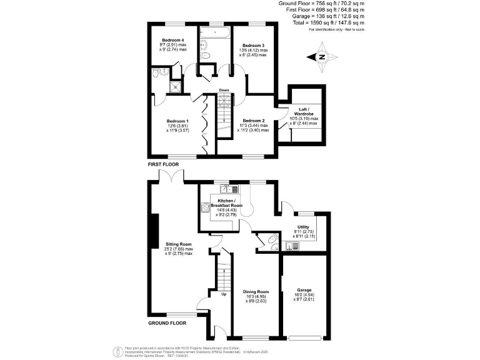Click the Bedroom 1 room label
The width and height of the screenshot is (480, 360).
pos(177,121)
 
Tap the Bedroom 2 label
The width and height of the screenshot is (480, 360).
pos(254,121)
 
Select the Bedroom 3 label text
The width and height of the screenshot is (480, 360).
pos(254,46)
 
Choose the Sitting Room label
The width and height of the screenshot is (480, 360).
pos(178,244)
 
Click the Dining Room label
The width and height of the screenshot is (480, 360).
pos(255,292)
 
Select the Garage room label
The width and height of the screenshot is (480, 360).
pos(304,290)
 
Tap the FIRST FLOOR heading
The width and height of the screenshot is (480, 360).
pos(163,164)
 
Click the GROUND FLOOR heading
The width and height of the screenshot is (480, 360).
pos(167,324)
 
